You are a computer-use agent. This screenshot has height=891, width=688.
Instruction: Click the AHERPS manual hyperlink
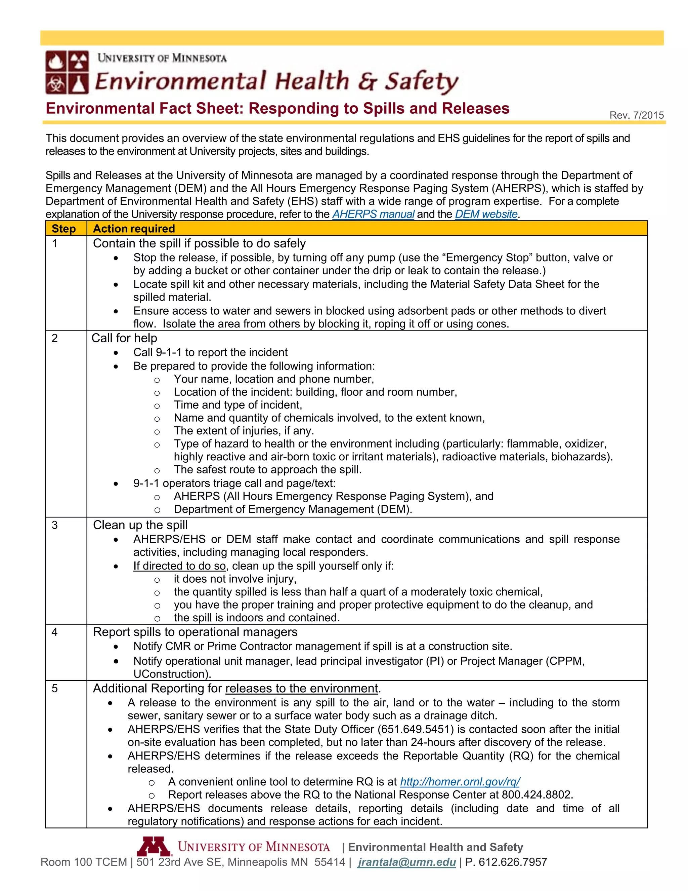click(373, 214)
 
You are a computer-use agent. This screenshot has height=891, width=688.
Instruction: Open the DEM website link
click(486, 214)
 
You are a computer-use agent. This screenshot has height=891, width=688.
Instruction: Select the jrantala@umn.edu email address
click(406, 862)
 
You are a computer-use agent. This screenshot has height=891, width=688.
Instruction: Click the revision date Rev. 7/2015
click(636, 115)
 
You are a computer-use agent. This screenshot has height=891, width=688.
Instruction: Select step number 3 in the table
click(55, 525)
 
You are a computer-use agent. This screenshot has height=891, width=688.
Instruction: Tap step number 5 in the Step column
click(55, 689)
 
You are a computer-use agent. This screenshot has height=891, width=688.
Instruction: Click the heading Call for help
click(124, 338)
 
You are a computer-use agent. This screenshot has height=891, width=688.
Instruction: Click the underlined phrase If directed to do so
click(179, 566)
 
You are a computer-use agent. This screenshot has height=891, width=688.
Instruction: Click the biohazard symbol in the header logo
click(55, 84)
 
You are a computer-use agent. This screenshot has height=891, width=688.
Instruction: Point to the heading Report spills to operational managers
click(195, 632)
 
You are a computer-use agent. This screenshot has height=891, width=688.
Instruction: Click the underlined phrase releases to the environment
click(302, 688)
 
